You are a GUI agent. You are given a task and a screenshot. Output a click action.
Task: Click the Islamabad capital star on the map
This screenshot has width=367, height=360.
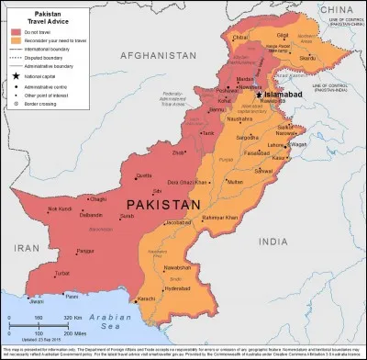[x=260, y=95]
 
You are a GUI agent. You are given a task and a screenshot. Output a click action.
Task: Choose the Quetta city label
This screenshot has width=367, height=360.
[x=143, y=174]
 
